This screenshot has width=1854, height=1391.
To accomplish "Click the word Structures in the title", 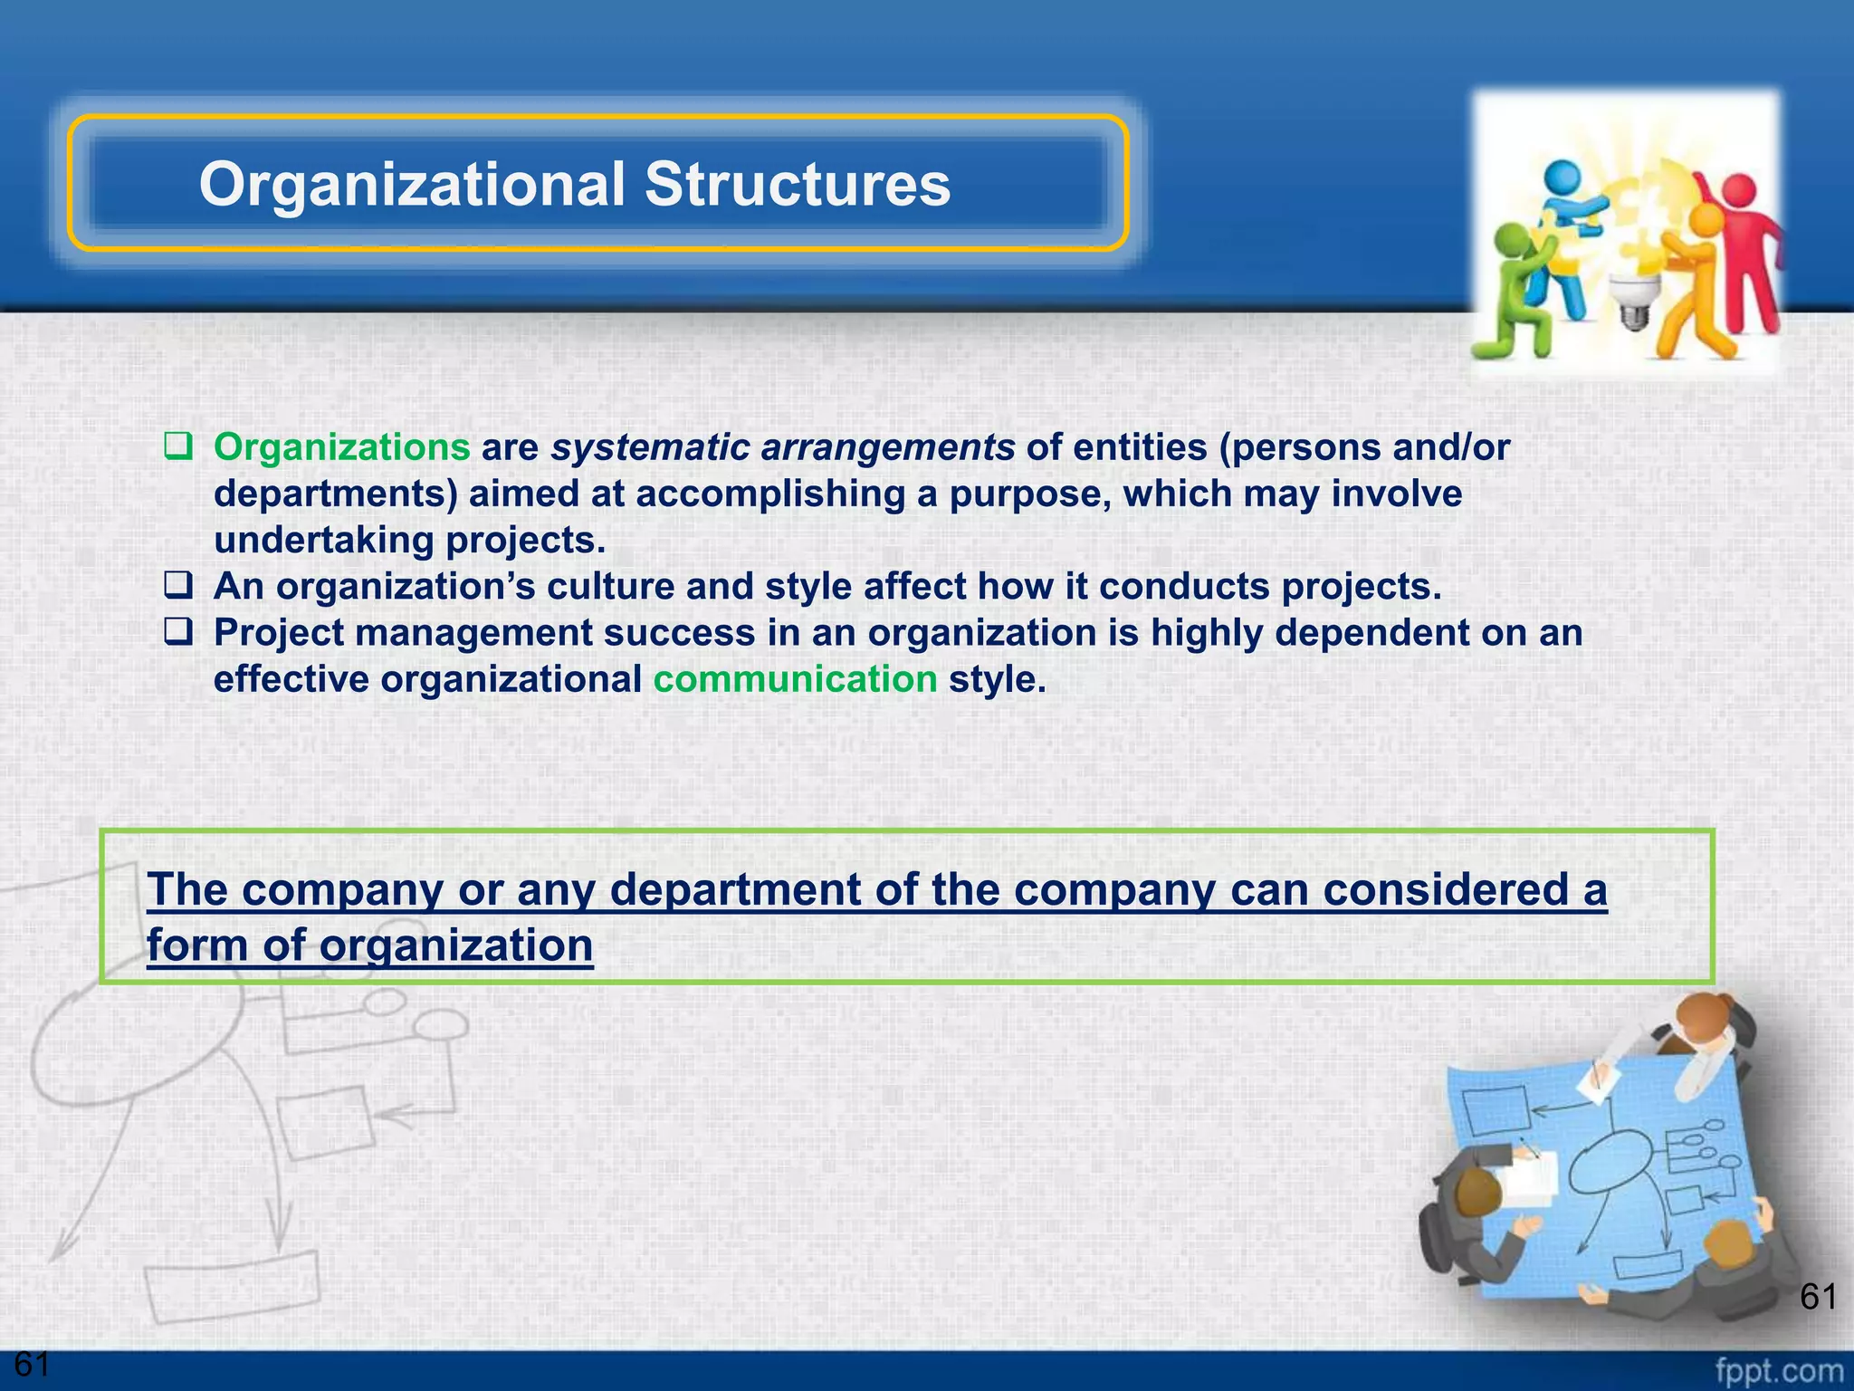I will [x=797, y=184].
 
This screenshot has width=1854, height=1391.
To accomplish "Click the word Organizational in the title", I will [x=412, y=184].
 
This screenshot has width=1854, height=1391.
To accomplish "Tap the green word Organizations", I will [x=341, y=447].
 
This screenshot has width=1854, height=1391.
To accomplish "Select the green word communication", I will [x=795, y=679].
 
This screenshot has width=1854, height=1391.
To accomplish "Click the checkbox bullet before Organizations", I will [x=178, y=446].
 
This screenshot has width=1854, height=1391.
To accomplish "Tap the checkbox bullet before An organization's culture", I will [x=178, y=585].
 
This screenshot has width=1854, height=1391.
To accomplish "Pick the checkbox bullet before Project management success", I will [x=178, y=631].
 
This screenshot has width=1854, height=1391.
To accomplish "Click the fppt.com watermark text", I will [x=1779, y=1370].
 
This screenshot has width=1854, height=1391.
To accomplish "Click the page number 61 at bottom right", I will [x=1818, y=1297].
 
